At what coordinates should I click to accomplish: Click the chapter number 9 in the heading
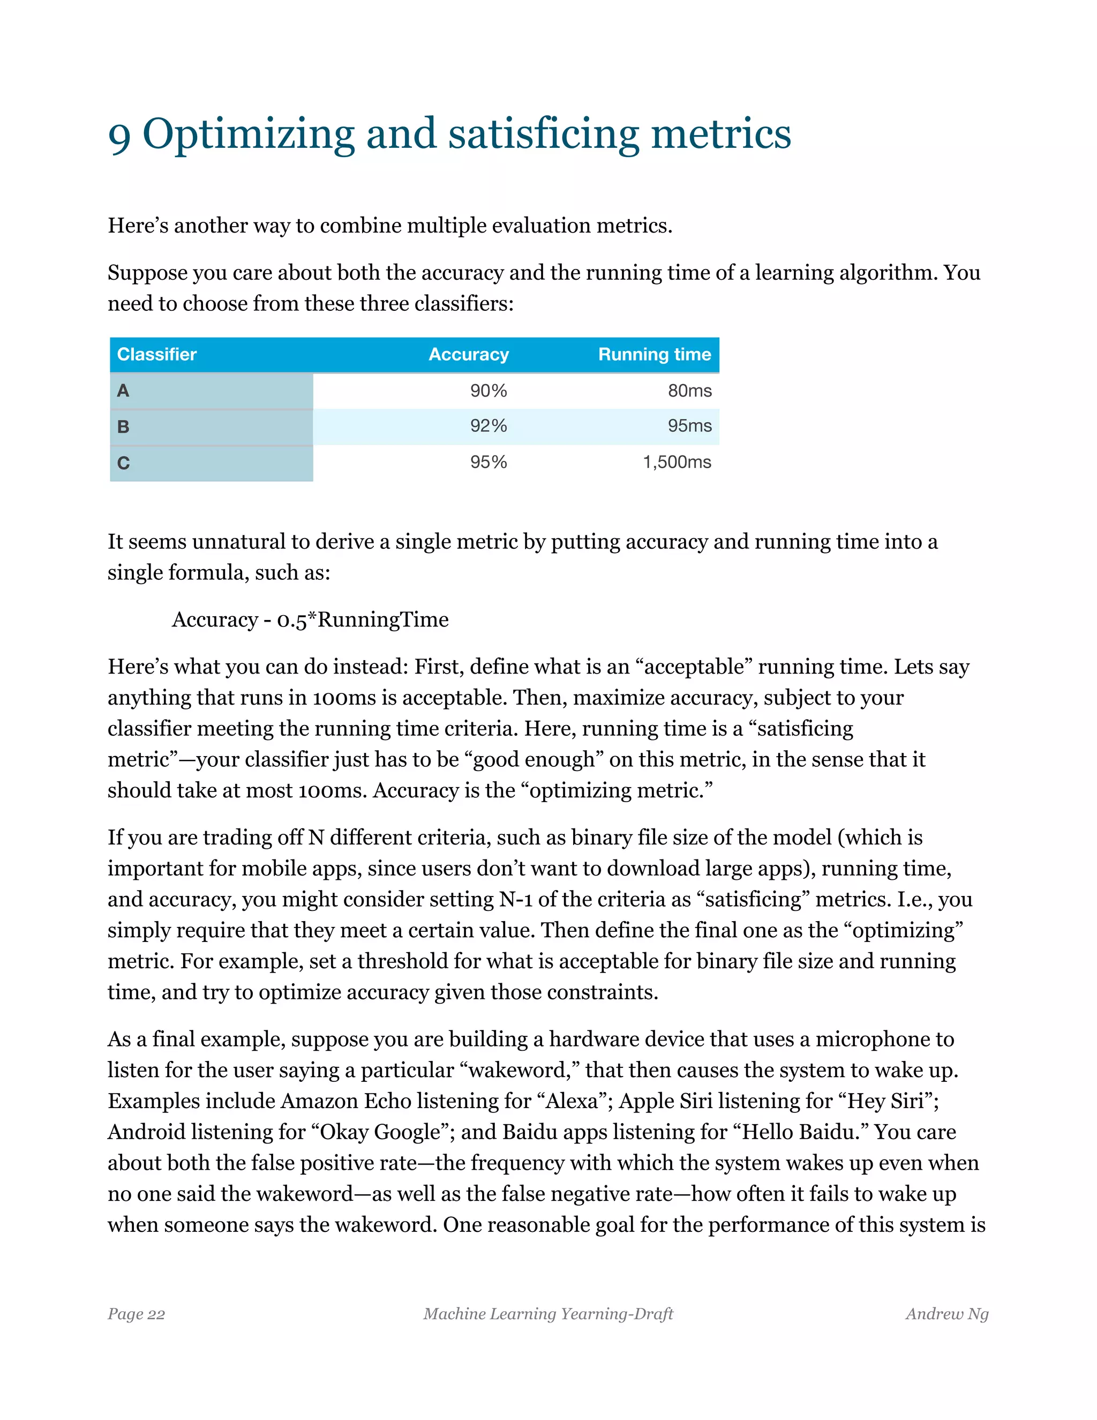click(119, 136)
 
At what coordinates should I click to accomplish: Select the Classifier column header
click(156, 354)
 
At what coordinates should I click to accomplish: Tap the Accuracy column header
click(469, 354)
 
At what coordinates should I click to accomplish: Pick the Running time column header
click(655, 354)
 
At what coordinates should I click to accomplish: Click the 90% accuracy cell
click(489, 391)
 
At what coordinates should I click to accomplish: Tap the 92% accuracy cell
click(489, 426)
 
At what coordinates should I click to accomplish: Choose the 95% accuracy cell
click(489, 462)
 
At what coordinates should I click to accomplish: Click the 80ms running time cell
click(689, 391)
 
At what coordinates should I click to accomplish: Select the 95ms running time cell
click(689, 426)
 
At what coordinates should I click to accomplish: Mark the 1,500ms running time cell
click(677, 462)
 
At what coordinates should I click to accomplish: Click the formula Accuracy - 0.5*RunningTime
click(310, 619)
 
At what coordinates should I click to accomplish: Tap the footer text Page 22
click(137, 1314)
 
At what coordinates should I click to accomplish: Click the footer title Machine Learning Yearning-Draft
click(548, 1314)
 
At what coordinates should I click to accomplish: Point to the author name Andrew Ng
click(947, 1314)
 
